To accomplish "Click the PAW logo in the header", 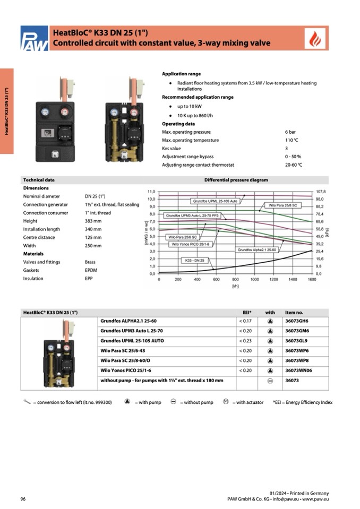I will (x=33, y=39).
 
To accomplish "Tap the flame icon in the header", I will (x=316, y=39).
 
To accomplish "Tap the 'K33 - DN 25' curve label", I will (x=196, y=261).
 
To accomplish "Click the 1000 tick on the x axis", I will (x=254, y=279).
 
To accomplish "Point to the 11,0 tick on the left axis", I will (x=151, y=191).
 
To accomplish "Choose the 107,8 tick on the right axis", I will (x=320, y=191).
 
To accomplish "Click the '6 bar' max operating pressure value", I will (x=290, y=132).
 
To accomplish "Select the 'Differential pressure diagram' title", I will (x=236, y=180).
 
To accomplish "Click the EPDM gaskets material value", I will (x=91, y=270).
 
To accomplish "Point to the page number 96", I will (x=23, y=499).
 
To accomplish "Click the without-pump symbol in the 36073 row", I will (x=270, y=381).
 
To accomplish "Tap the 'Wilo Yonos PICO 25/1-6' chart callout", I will (x=191, y=244).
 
